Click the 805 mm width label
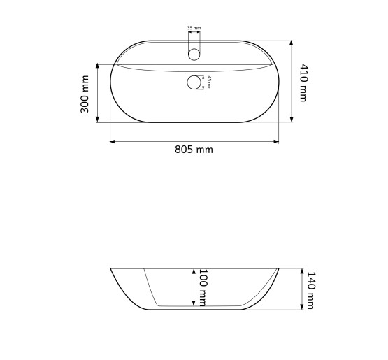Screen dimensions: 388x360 [x=194, y=150]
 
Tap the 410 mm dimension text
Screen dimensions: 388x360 [x=303, y=83]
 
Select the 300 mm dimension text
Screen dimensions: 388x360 [x=85, y=94]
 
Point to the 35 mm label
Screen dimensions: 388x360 [x=194, y=28]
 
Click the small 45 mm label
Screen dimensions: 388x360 [x=209, y=82]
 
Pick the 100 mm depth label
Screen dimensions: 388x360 [x=203, y=288]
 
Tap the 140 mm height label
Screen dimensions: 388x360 [x=310, y=290]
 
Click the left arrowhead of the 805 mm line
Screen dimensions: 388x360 [x=113, y=141]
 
